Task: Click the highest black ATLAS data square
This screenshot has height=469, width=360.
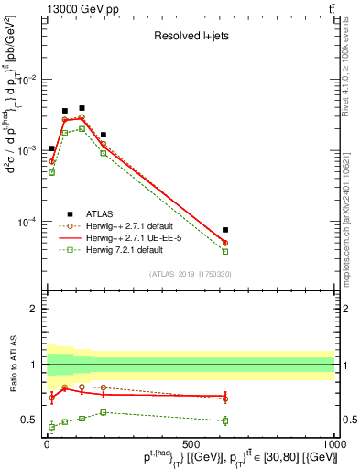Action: pos(82,108)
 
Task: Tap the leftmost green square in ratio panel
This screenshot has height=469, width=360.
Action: pos(51,427)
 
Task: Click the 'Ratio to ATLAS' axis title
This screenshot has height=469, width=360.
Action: pos(12,365)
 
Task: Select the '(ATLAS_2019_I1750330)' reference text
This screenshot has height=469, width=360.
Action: pos(190,274)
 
